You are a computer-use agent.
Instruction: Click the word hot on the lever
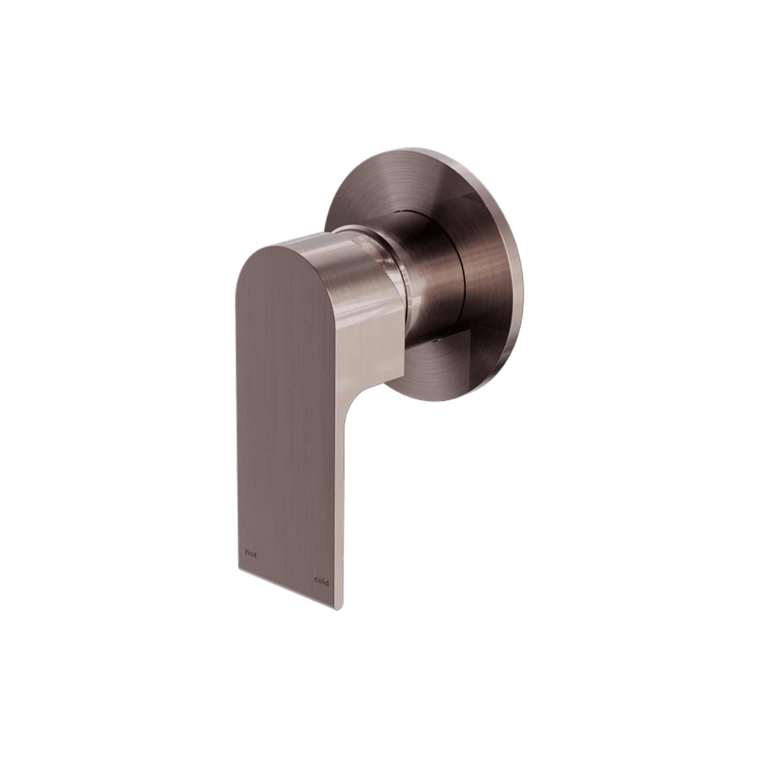[x=251, y=554]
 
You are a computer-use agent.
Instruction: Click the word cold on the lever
[x=321, y=583]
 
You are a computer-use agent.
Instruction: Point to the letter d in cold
[x=327, y=583]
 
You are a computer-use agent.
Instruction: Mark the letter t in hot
[x=255, y=554]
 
